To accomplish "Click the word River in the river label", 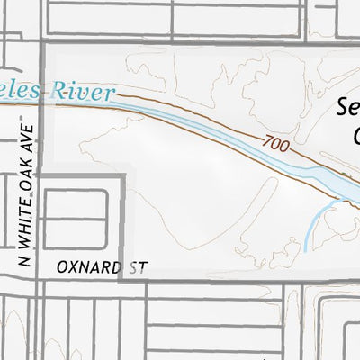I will [85, 91].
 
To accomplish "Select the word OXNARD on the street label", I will [87, 268].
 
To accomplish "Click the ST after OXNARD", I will [137, 268].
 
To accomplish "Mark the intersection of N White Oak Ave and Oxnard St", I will [38, 279].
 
